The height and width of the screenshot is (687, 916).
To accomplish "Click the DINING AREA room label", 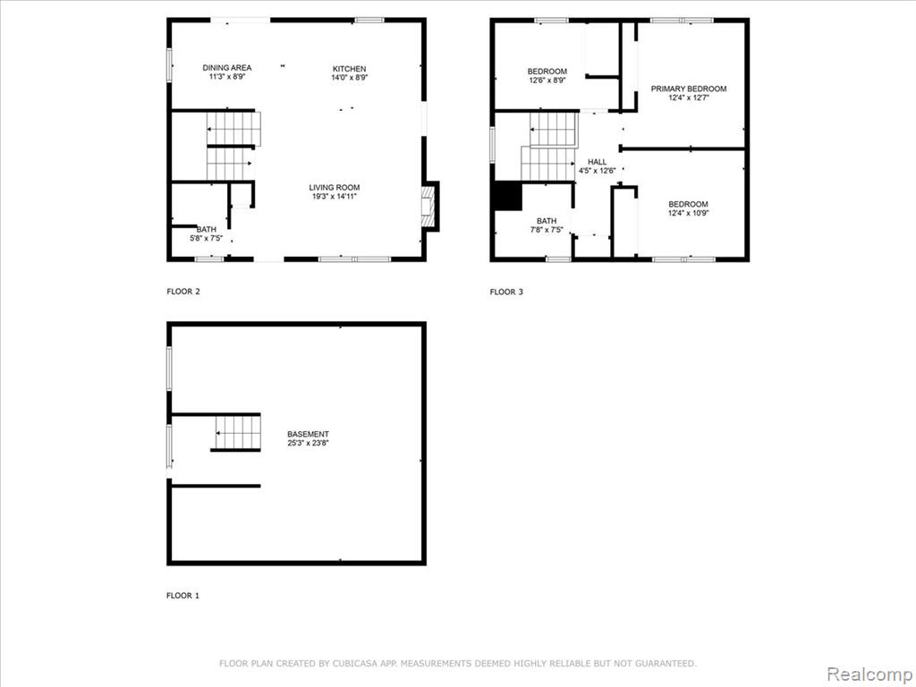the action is [226, 68].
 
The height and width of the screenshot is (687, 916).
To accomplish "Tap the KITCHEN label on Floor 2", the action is [350, 69].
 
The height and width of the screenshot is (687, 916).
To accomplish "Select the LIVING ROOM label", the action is [335, 188].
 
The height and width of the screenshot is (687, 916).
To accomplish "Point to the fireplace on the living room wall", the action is [429, 207].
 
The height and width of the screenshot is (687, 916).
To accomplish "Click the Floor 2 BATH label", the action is [207, 230].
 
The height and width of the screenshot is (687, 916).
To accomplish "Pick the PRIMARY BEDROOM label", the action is [689, 89].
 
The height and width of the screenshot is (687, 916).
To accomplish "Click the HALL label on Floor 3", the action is [597, 162].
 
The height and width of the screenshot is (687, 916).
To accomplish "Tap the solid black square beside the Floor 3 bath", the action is [508, 196].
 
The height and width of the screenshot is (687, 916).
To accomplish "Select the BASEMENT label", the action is [308, 434].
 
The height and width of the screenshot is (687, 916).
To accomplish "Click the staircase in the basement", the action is [236, 433].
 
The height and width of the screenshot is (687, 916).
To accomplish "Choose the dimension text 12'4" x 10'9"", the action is [688, 213].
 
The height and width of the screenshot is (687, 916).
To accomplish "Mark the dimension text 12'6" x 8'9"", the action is [547, 81].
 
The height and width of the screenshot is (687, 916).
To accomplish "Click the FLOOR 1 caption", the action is [182, 596].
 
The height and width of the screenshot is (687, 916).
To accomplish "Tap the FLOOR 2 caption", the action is [183, 292].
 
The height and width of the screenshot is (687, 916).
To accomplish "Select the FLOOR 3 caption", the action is [506, 293].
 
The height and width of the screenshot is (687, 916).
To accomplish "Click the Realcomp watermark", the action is [869, 674].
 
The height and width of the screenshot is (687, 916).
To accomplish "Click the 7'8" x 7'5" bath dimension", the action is [547, 230].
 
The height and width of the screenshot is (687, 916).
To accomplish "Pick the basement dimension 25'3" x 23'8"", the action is [308, 444].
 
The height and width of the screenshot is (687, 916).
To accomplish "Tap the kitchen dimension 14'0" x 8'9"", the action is [350, 78].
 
